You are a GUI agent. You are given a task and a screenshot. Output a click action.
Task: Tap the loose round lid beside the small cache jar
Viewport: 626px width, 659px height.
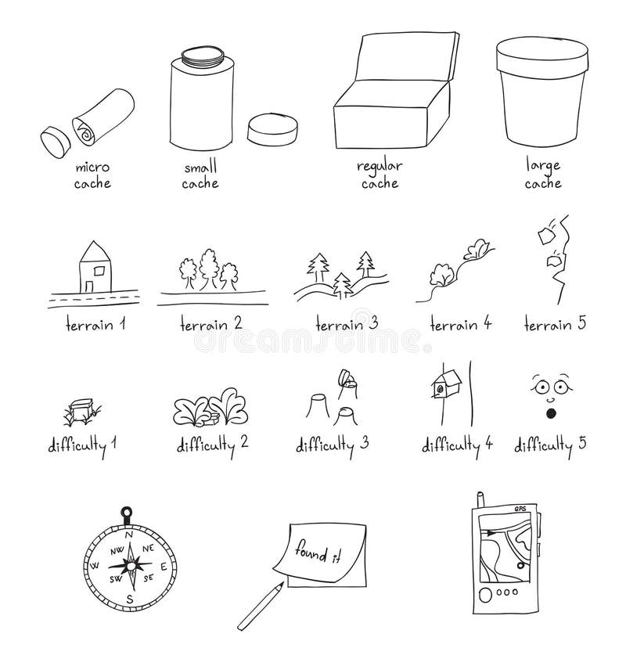point(272,130)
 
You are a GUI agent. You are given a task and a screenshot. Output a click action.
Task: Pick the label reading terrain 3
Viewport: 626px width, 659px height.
point(347,324)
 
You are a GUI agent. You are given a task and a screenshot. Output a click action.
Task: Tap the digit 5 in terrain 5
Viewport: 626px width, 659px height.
point(581,322)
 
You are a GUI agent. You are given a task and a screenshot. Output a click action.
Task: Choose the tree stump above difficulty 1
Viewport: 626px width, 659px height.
point(81,411)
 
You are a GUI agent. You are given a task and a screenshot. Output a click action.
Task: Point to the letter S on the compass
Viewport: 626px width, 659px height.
point(131,600)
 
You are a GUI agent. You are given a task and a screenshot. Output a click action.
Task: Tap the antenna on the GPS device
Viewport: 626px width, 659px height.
point(478,502)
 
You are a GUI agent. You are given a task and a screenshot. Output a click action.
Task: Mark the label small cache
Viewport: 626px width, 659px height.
point(200,175)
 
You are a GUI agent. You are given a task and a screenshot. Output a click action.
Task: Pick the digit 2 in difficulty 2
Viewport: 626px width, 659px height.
point(244,443)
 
